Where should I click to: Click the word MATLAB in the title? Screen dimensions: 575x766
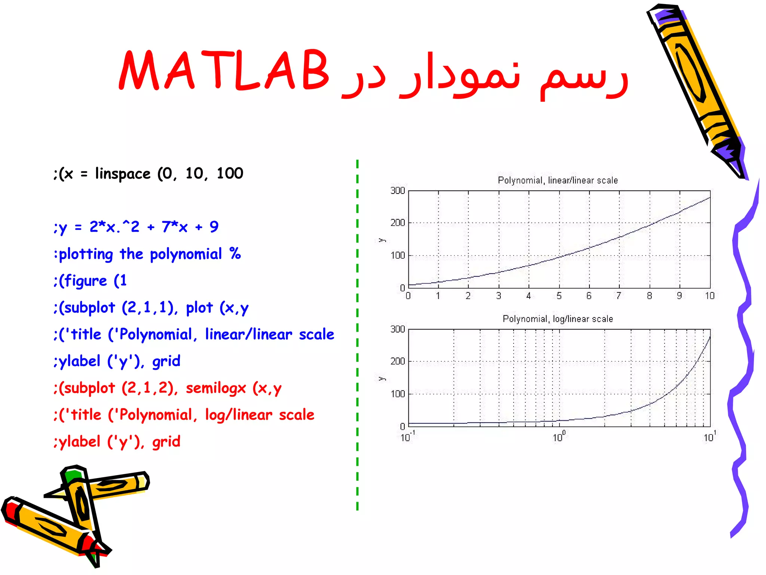click(x=224, y=70)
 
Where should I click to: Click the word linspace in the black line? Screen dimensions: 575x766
click(x=123, y=174)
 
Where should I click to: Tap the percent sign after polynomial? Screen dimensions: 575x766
click(x=235, y=253)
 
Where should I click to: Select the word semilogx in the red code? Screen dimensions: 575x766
click(x=216, y=388)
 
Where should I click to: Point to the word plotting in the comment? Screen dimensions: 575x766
click(x=86, y=254)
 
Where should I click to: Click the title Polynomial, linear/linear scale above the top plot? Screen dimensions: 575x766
click(x=557, y=180)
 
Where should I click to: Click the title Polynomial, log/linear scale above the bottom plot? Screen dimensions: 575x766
click(x=557, y=319)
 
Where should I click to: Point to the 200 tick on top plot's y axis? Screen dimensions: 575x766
click(x=398, y=223)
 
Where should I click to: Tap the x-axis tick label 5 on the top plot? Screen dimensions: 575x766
click(x=559, y=296)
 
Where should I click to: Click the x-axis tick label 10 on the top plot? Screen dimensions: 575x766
click(x=710, y=296)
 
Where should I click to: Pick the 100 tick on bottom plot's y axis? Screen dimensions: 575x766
click(x=398, y=394)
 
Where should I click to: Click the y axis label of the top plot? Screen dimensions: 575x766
click(x=382, y=240)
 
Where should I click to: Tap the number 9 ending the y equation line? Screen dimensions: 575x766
click(x=214, y=227)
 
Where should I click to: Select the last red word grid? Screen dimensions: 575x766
click(x=166, y=442)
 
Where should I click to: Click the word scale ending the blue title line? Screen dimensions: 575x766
click(x=316, y=334)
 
